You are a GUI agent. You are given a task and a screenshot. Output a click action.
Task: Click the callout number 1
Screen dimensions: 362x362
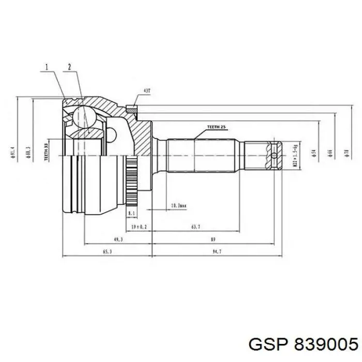click(47, 67)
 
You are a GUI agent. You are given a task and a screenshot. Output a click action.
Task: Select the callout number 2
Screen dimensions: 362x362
click(69, 67)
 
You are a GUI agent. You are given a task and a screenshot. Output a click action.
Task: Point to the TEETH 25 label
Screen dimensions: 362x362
click(216, 127)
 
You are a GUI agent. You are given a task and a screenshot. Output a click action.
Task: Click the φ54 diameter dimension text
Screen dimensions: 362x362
click(313, 153)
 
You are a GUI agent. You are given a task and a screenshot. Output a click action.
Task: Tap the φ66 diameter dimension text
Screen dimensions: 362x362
click(329, 153)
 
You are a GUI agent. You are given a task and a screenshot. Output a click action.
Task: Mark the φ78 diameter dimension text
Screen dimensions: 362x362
click(345, 153)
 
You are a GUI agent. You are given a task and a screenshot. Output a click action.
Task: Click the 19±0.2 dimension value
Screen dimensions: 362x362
click(139, 227)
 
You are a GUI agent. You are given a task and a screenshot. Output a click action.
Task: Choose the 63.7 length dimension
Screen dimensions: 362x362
click(195, 227)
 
